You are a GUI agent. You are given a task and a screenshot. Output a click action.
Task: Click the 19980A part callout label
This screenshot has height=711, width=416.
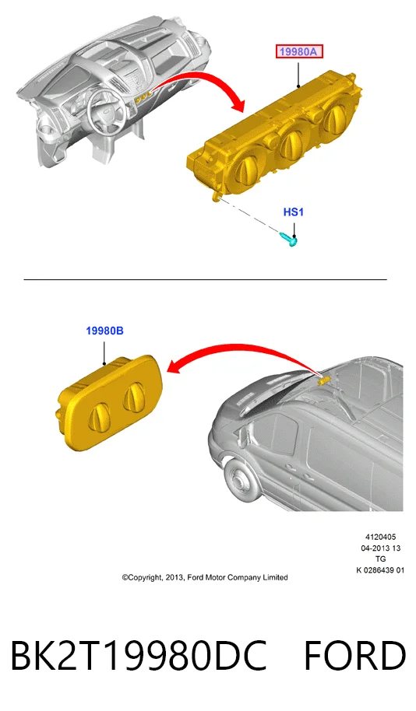pyautogui.click(x=299, y=52)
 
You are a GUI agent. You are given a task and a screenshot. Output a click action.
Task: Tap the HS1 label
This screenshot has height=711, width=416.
pyautogui.click(x=294, y=212)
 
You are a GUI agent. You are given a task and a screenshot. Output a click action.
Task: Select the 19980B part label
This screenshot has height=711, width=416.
pyautogui.click(x=104, y=331)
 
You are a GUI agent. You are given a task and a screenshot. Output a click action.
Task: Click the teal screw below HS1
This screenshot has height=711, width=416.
pyautogui.click(x=288, y=239)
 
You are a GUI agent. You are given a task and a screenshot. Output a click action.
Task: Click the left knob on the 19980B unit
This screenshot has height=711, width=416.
pyautogui.click(x=99, y=415)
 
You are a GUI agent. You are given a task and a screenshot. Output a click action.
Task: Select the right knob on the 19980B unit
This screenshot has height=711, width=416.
pyautogui.click(x=135, y=395)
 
